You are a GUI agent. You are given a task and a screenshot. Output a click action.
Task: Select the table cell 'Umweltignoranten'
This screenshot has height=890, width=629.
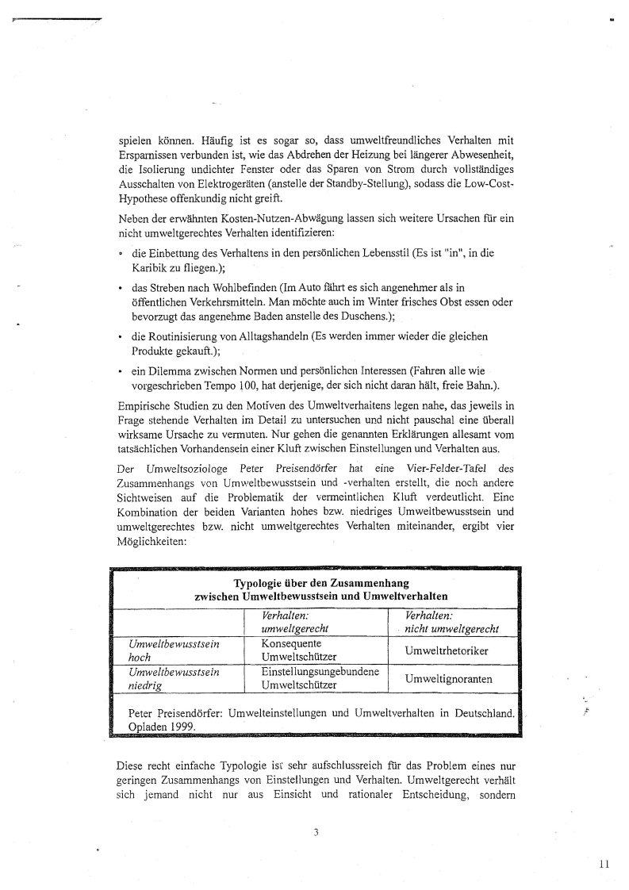click(448, 679)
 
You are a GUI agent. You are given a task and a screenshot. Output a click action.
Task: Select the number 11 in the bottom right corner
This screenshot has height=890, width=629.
click(604, 865)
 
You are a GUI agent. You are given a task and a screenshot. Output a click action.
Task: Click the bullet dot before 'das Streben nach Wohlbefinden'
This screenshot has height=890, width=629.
click(120, 288)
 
